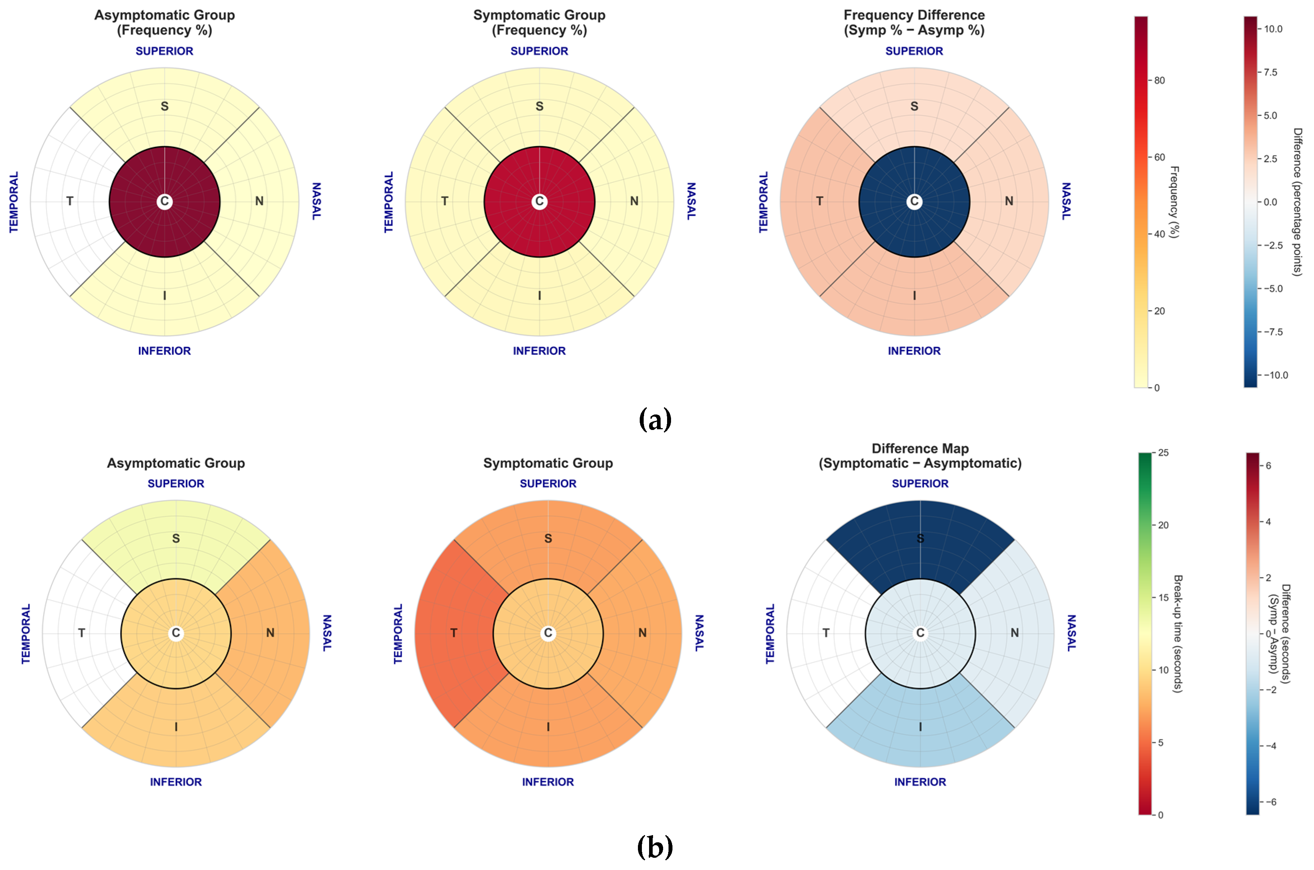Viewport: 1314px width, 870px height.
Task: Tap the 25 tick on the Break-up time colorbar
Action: (1162, 453)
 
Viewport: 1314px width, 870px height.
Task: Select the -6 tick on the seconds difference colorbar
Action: (1270, 802)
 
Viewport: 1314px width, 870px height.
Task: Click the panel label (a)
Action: (655, 420)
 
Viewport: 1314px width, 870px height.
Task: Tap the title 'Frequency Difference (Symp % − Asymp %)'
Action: (914, 23)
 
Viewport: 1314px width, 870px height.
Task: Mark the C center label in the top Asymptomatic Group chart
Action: (164, 201)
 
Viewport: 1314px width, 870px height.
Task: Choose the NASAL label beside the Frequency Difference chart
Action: (1066, 201)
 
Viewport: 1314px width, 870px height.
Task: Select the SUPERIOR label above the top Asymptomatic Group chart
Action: (164, 51)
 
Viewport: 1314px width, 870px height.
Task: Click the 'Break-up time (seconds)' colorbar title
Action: (1177, 634)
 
